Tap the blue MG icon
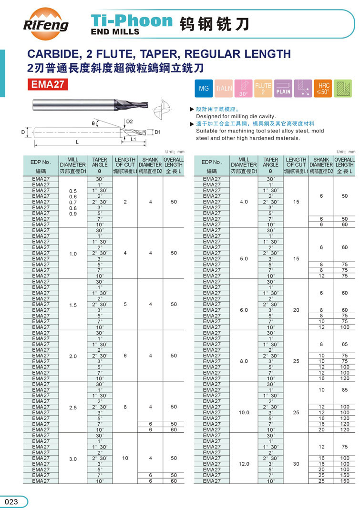(204, 89)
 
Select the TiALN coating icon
(224, 89)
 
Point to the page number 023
(11, 501)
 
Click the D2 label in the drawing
(129, 122)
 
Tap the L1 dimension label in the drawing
(134, 140)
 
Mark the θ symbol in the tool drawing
(93, 123)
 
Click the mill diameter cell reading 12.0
(244, 464)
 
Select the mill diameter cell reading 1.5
(73, 304)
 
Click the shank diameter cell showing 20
(321, 429)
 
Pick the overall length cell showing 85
(345, 390)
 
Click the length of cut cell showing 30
(296, 464)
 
